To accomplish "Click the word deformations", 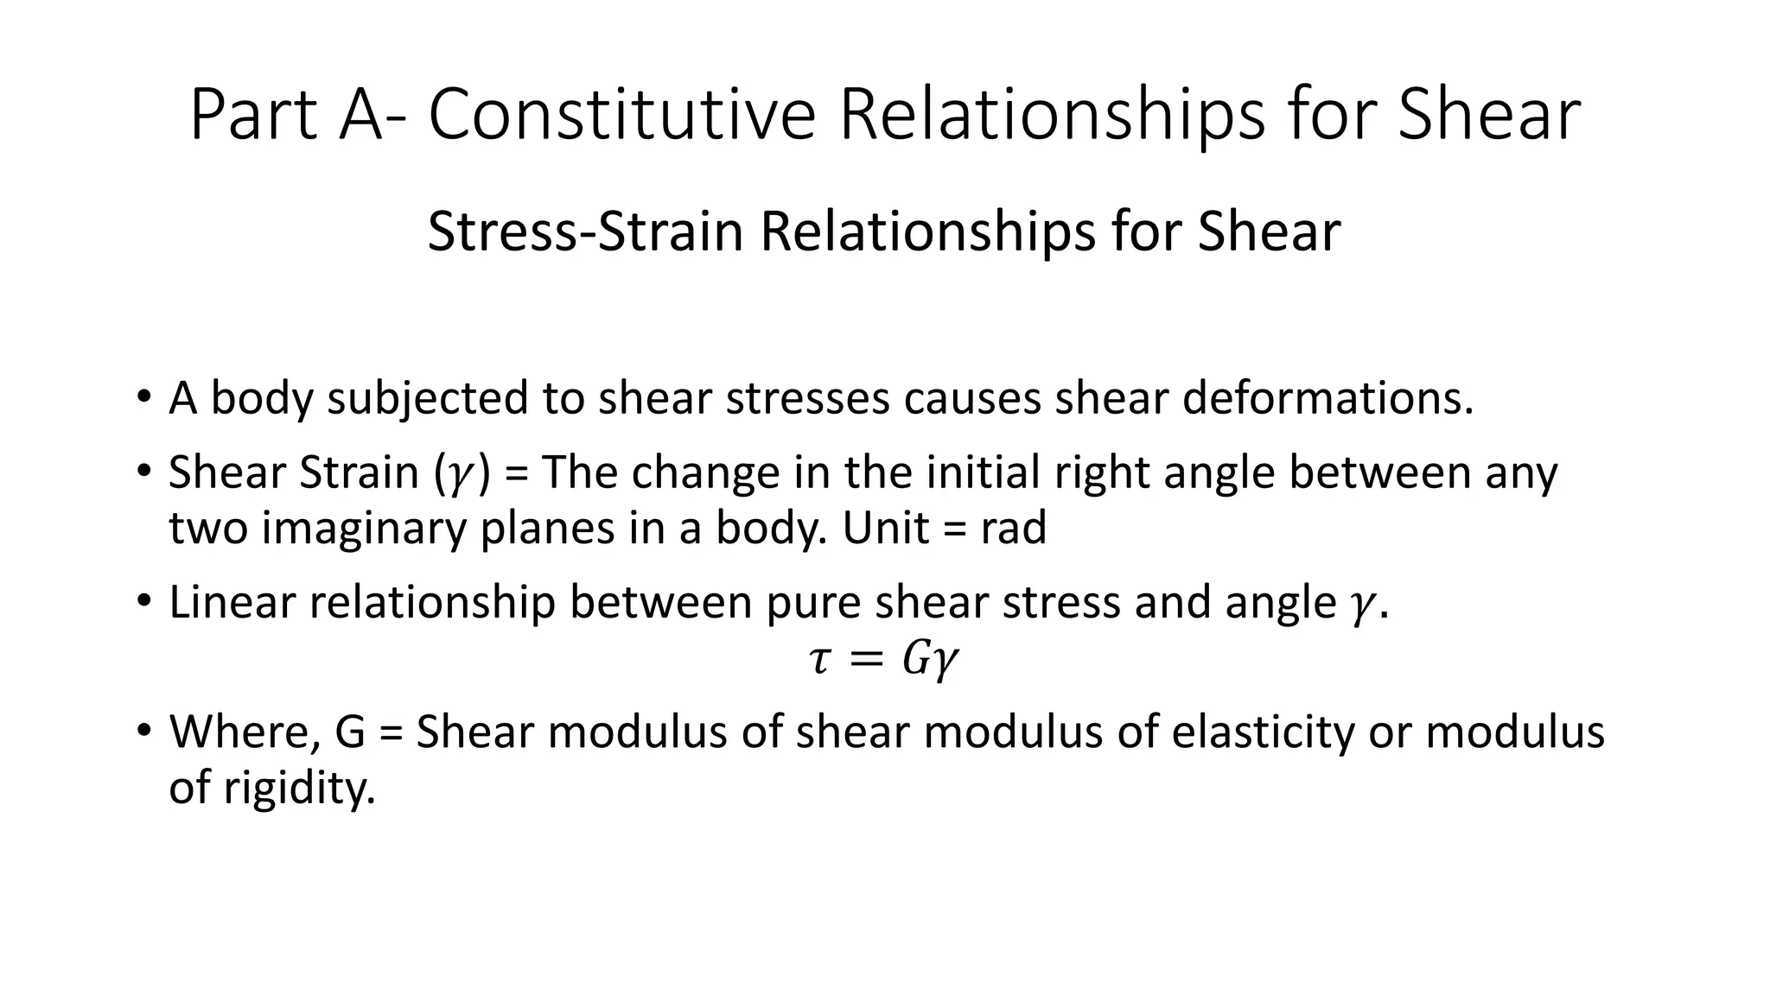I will (1327, 398).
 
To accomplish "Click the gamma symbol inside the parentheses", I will (455, 475).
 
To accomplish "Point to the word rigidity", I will (299, 788).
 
